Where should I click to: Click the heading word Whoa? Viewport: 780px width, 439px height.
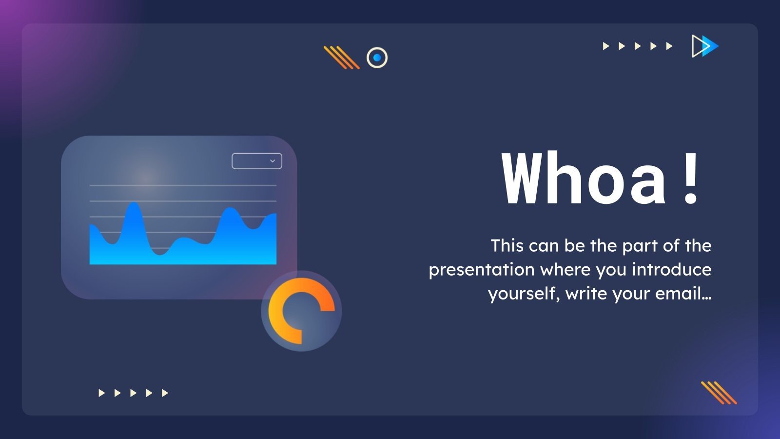point(584,179)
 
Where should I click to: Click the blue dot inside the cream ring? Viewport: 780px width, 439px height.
point(377,58)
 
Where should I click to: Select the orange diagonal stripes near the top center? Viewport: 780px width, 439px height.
point(341,57)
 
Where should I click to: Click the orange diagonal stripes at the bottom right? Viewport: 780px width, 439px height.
point(719,393)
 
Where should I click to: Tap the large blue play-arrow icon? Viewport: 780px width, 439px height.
point(705,46)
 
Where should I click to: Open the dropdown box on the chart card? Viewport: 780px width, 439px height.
point(256,161)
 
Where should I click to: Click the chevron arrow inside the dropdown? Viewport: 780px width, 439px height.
point(273,161)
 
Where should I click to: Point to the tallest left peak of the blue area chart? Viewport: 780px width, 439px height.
point(133,205)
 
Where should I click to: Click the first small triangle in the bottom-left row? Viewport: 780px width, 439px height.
point(101,393)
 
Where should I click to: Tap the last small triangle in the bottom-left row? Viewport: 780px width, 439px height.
point(165,393)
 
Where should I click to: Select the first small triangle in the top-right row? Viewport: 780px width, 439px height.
point(606,46)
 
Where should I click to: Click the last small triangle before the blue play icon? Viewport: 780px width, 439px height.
point(669,46)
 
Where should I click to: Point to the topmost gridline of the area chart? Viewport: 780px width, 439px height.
point(183,185)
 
